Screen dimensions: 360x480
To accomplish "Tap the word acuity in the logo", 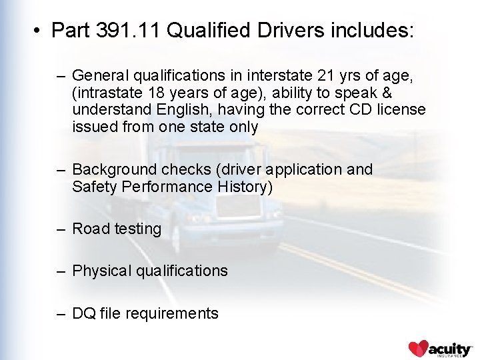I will [450, 348].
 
